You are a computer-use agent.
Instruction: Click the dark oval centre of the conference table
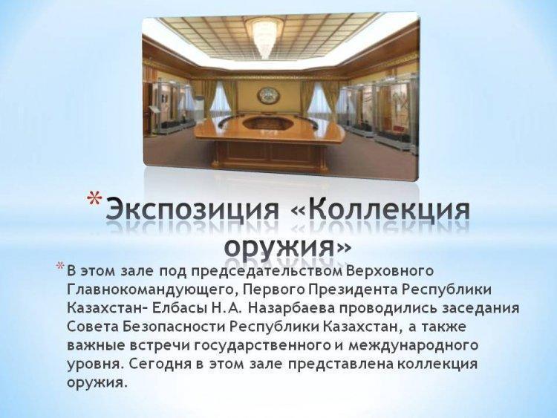point(267,123)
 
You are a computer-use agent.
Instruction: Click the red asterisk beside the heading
point(94,199)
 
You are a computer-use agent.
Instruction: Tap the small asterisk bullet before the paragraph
point(61,267)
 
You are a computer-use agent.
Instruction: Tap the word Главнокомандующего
point(150,290)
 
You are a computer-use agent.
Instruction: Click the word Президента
point(353,290)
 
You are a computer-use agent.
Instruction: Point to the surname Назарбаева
point(292,309)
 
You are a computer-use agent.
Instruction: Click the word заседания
point(481,309)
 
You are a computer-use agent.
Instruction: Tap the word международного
point(413,346)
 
